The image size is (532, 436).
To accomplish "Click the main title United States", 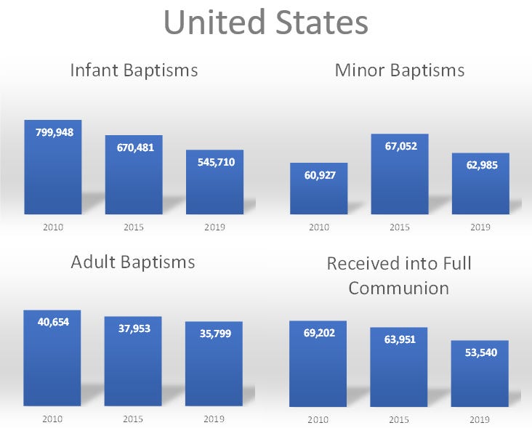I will click(265, 23).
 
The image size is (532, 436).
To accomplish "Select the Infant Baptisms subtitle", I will click(134, 70).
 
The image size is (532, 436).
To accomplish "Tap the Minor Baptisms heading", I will click(399, 70).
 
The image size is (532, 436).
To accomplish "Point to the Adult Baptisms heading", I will click(133, 262).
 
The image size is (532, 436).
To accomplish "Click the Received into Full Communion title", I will click(399, 275).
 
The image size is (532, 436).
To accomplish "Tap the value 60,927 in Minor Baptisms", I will click(318, 174).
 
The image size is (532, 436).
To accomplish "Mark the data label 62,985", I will click(480, 165).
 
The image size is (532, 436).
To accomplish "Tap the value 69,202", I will click(318, 332).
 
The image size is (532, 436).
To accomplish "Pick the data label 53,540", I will click(480, 352).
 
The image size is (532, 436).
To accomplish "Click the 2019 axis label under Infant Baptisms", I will click(214, 227).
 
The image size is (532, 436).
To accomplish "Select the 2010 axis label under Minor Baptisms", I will click(318, 227).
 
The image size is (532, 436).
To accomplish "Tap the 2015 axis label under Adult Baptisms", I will click(134, 419).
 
